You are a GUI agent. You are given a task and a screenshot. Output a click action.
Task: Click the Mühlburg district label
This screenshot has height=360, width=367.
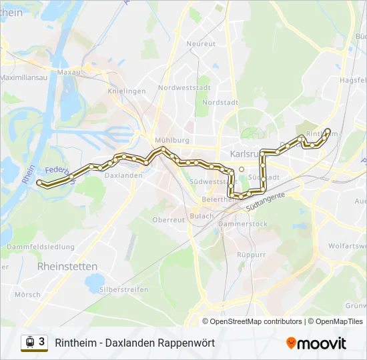coord(172,140)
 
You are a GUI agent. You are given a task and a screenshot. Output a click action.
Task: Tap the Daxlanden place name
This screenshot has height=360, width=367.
coord(124,175)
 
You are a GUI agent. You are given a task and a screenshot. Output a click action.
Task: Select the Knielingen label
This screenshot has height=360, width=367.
coord(127,91)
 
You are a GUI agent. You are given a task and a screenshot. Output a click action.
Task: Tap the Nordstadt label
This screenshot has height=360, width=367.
coord(220,103)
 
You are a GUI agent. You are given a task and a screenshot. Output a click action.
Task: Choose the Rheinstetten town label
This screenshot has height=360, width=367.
coord(67,266)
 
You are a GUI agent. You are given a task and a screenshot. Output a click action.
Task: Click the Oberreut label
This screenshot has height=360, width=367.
coord(168,219)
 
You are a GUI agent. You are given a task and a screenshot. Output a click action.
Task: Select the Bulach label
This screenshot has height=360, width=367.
coord(202,216)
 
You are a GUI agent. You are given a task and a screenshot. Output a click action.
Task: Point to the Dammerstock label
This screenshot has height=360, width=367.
coord(243,224)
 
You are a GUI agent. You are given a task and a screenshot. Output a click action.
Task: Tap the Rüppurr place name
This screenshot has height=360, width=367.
coord(251,255)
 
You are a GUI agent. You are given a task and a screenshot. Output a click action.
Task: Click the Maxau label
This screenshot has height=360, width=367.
coord(69,71)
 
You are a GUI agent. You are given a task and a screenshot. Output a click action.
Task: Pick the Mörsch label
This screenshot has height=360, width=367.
coord(27,294)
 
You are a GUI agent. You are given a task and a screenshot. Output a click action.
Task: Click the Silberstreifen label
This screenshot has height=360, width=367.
coord(123,289)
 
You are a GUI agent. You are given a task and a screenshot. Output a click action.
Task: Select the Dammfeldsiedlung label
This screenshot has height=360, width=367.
coord(40,247)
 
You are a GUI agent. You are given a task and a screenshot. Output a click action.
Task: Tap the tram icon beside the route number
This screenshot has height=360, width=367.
coord(29,342)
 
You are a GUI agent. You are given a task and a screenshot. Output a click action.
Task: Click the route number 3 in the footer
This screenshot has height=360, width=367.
coord(42,342)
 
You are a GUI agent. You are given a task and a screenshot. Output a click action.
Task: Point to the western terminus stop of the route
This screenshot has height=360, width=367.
coord(39,182)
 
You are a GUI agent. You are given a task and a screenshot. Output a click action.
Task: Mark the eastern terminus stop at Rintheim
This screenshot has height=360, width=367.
coord(328,131)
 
